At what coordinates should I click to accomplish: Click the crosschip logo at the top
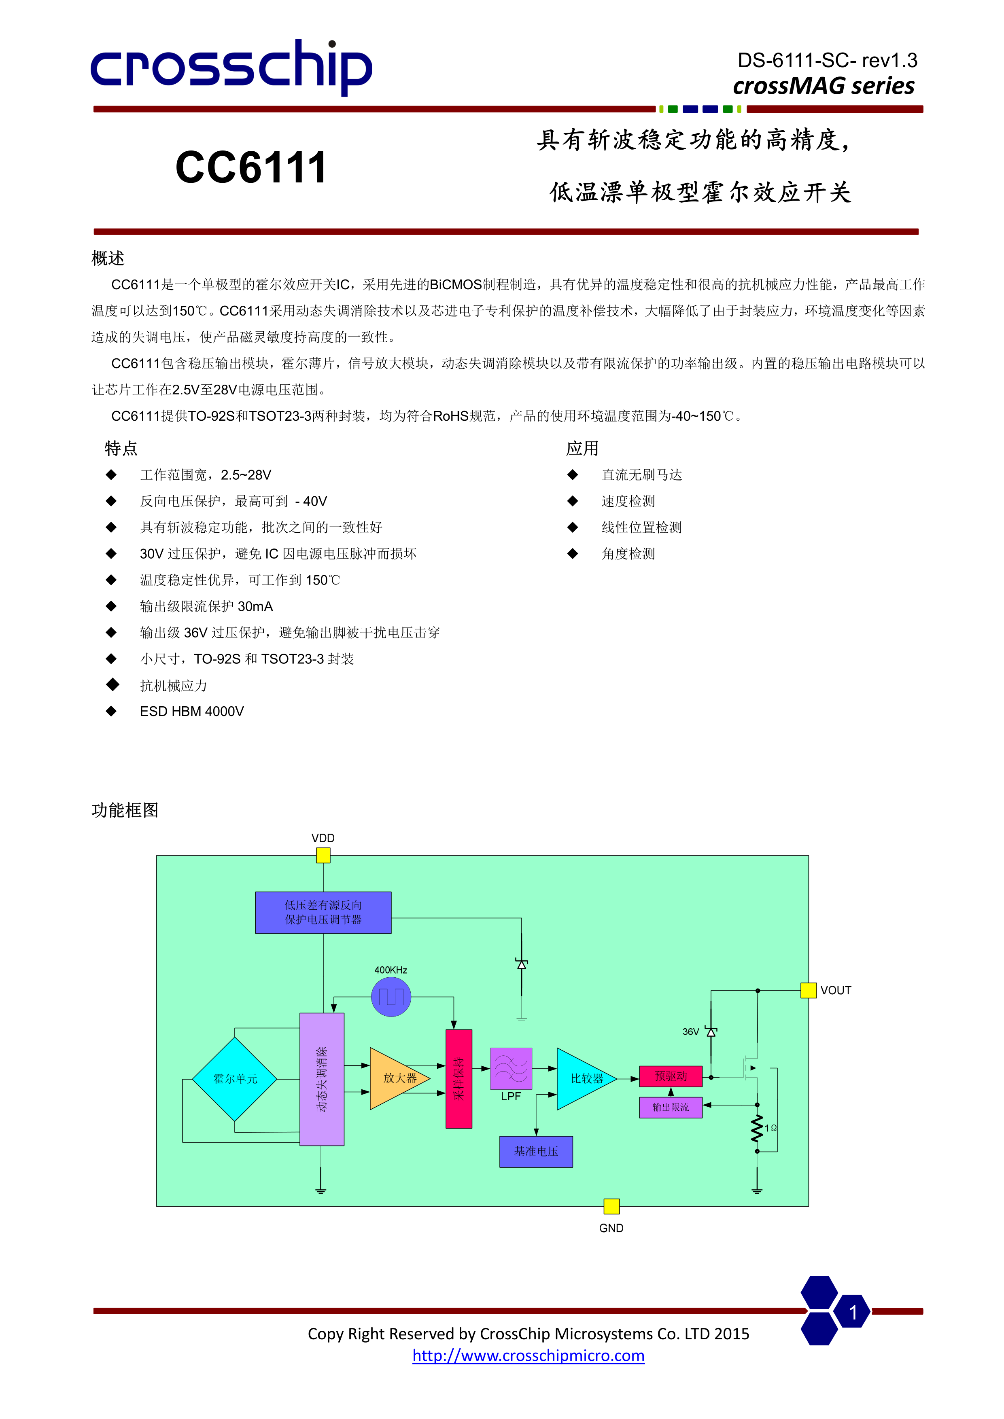point(231,66)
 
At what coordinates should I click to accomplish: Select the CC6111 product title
point(251,167)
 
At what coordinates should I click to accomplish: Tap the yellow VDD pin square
point(323,856)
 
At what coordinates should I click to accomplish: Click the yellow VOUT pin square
point(808,990)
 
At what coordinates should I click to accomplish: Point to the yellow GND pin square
point(611,1206)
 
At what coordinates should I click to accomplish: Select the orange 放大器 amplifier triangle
point(396,1078)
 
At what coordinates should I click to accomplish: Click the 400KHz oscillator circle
point(391,996)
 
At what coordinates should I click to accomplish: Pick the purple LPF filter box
point(511,1068)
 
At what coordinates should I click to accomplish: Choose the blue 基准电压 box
point(536,1151)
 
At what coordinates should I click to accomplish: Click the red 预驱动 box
point(671,1076)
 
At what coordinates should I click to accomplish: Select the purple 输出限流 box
point(671,1107)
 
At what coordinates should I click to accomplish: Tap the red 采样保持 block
point(459,1078)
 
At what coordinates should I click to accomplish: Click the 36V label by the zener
point(690,1031)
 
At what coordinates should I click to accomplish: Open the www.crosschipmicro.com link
point(528,1355)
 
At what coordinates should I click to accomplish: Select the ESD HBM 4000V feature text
point(192,712)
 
